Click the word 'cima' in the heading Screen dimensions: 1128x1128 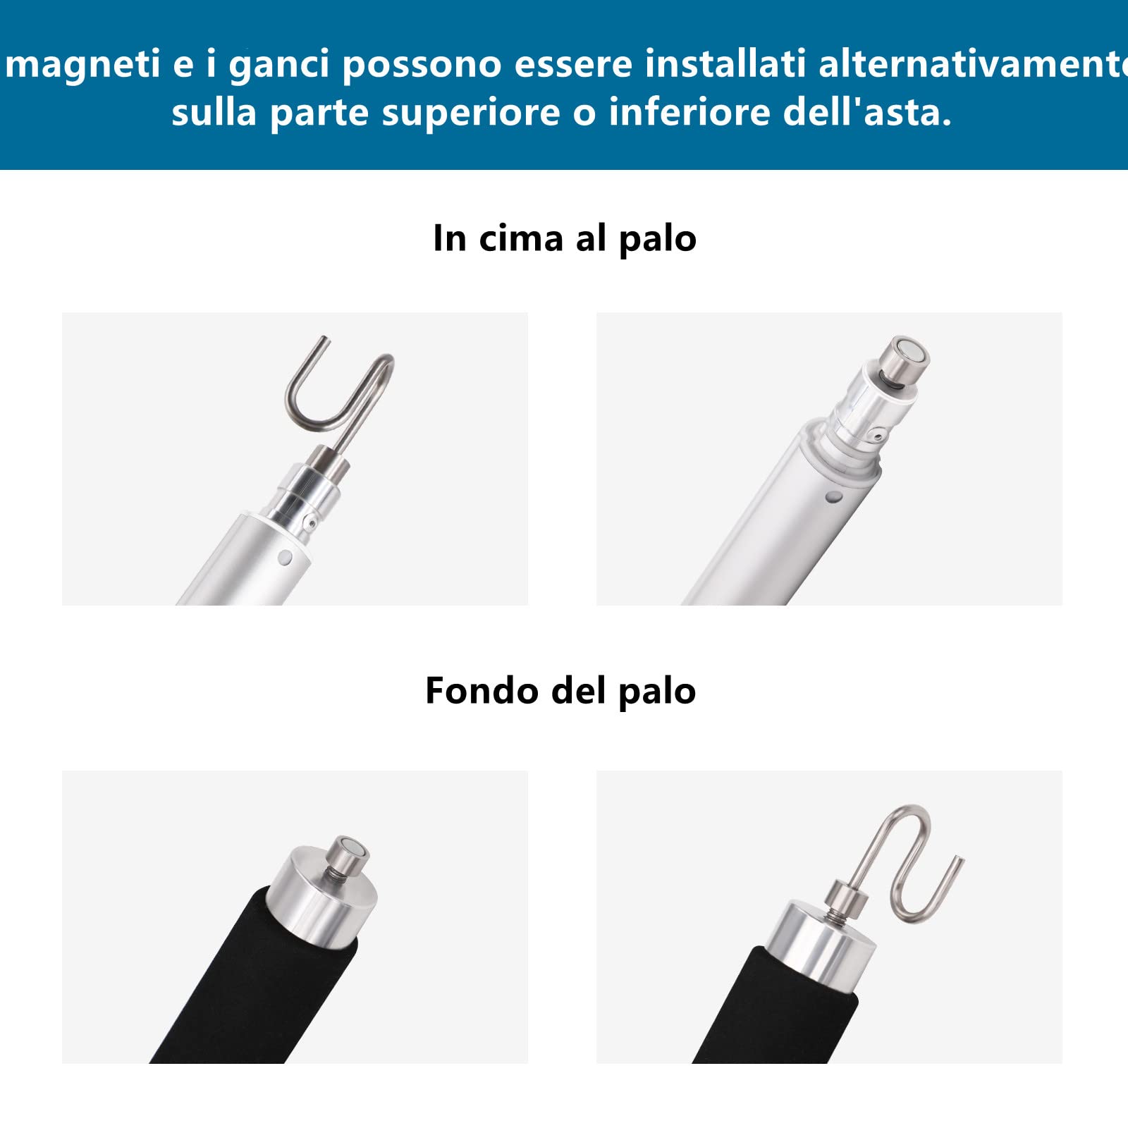coord(521,238)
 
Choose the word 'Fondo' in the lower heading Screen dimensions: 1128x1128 coord(482,690)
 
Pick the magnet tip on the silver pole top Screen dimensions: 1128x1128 coord(907,359)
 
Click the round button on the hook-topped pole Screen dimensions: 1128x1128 coord(285,558)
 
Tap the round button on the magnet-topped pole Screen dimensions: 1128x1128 coord(833,497)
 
